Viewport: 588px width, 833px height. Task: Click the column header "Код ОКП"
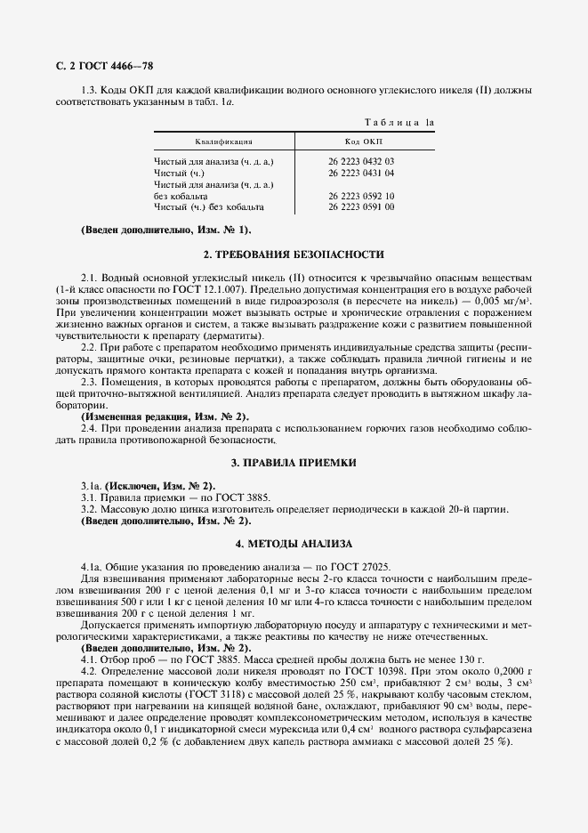pos(363,142)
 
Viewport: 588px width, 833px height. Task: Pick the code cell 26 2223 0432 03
pos(361,162)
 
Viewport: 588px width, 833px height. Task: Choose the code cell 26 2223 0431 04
pos(361,173)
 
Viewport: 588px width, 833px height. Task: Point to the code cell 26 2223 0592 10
pos(361,196)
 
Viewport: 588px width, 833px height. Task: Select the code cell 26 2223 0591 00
pos(361,206)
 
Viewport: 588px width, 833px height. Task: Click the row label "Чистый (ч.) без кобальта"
pos(209,206)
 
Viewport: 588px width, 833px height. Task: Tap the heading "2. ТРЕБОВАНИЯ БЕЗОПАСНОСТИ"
pos(294,255)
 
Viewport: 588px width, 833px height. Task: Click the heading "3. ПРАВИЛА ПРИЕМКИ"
pos(294,464)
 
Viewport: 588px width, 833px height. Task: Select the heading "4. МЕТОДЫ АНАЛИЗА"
pos(294,543)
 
